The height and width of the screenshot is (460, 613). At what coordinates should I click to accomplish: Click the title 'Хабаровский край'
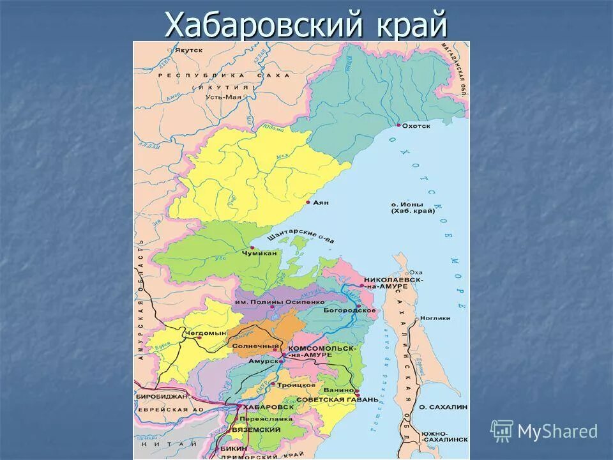tap(306, 26)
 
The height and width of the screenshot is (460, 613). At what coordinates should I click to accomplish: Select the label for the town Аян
tap(321, 203)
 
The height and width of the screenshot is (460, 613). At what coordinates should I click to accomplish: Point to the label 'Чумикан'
tap(259, 254)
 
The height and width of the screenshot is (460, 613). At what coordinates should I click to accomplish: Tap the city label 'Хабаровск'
tap(269, 407)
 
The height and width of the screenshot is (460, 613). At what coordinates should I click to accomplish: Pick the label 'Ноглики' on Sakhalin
tap(435, 318)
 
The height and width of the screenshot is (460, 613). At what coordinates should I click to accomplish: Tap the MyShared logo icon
tap(502, 431)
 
